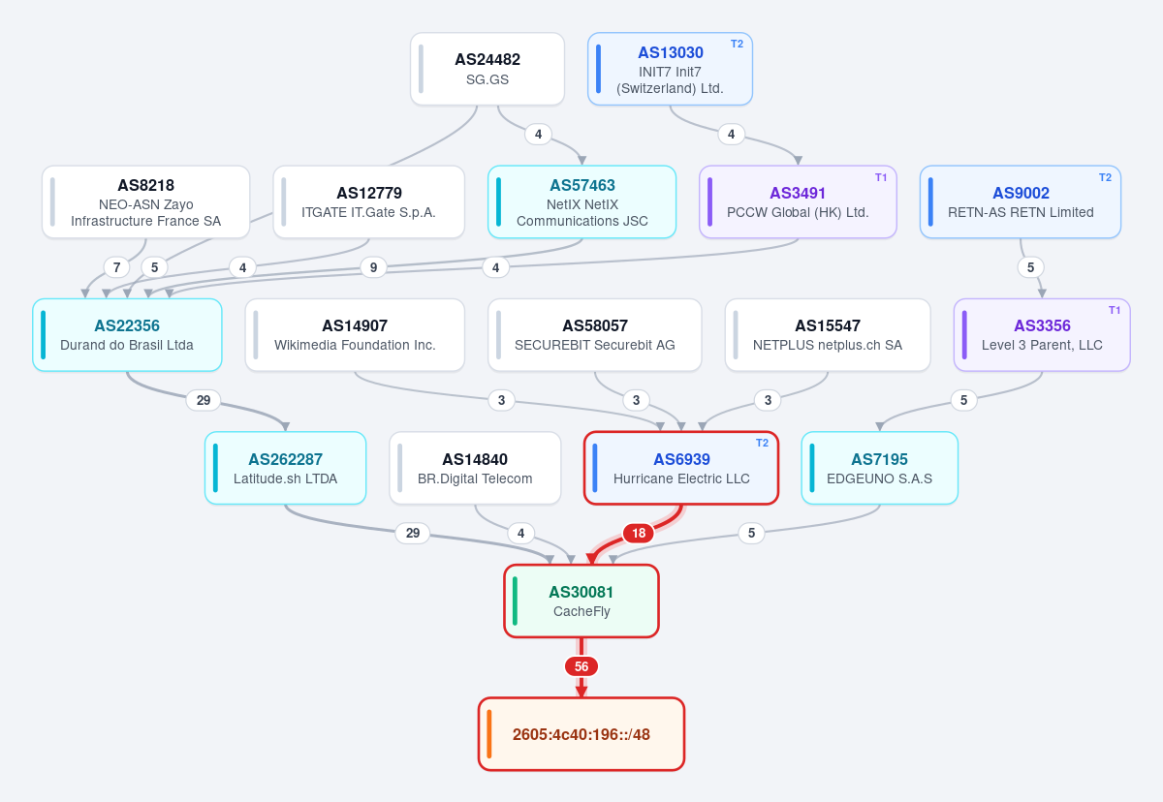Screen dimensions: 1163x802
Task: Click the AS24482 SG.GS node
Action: point(487,69)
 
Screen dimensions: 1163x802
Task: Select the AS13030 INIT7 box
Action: point(670,69)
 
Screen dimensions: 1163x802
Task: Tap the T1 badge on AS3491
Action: point(881,177)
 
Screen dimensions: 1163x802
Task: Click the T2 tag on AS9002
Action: point(1105,177)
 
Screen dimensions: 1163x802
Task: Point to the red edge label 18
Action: point(638,533)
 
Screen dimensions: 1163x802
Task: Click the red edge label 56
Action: point(581,666)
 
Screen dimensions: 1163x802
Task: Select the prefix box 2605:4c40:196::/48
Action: point(581,734)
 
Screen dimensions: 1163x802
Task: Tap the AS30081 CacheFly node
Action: point(581,601)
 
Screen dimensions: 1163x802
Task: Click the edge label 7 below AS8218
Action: point(117,267)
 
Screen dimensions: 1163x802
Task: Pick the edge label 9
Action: point(373,267)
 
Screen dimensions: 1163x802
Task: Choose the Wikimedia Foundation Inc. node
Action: point(355,335)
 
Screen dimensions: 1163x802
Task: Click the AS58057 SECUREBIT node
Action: point(594,335)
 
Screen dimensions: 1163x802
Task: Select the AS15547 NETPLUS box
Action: point(828,335)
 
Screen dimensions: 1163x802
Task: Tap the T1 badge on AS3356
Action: point(1115,310)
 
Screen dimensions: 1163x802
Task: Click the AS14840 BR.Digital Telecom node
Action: point(475,468)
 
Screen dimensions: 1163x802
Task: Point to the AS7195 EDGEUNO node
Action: point(880,468)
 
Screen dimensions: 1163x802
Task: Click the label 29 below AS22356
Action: point(203,400)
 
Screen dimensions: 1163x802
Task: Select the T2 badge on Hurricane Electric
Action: point(762,443)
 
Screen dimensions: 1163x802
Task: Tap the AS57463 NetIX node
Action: point(582,201)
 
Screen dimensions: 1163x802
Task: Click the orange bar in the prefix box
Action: point(489,734)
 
